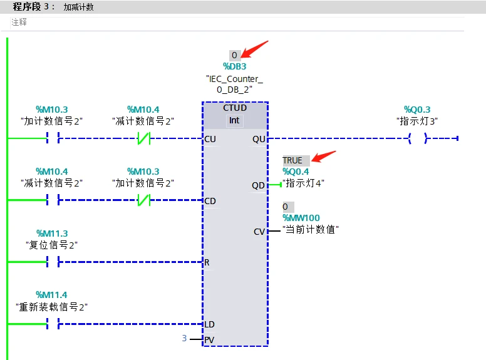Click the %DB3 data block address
pos(235,66)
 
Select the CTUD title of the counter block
pos(235,108)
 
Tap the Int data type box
pos(234,120)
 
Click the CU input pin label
pos(210,139)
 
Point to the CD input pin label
pos(210,201)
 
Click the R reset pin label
pos(207,262)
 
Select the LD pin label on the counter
pos(210,324)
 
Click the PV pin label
pos(210,340)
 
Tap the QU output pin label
pos(259,139)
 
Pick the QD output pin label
pos(259,185)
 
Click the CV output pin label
pos(259,232)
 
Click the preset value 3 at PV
pos(184,339)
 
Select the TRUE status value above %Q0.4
pos(292,160)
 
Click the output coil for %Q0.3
pos(417,139)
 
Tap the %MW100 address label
pos(301,218)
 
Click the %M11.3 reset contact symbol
pos(53,262)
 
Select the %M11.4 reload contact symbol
pos(53,324)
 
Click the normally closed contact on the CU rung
pos(143,139)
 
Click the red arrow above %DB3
pos(256,48)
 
